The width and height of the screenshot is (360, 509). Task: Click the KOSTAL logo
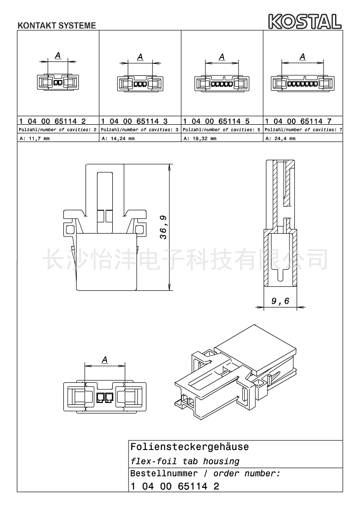[x=305, y=21]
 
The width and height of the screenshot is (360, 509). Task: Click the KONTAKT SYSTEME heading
[x=57, y=25]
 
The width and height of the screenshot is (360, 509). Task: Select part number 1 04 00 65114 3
[x=134, y=121]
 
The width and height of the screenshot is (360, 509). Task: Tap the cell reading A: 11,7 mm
[x=34, y=139]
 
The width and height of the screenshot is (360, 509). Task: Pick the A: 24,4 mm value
[x=280, y=139]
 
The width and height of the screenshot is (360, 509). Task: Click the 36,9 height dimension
[x=164, y=227]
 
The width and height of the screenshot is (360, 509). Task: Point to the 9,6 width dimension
[x=280, y=301]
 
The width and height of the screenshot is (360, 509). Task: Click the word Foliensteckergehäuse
[x=190, y=447]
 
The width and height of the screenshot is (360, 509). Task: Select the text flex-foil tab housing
[x=185, y=462]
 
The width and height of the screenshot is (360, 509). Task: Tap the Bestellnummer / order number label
[x=205, y=473]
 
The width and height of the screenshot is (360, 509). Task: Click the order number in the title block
[x=175, y=486]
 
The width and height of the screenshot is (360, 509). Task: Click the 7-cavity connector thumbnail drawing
[x=302, y=83]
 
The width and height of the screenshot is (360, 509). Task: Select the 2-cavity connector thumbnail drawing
[x=58, y=82]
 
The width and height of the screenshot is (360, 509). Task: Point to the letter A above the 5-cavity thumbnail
[x=222, y=57]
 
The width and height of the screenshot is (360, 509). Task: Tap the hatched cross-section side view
[x=280, y=224]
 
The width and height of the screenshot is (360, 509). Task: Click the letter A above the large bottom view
[x=105, y=360]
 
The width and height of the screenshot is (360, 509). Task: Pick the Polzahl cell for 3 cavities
[x=140, y=130]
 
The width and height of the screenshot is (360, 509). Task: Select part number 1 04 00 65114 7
[x=298, y=121]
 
